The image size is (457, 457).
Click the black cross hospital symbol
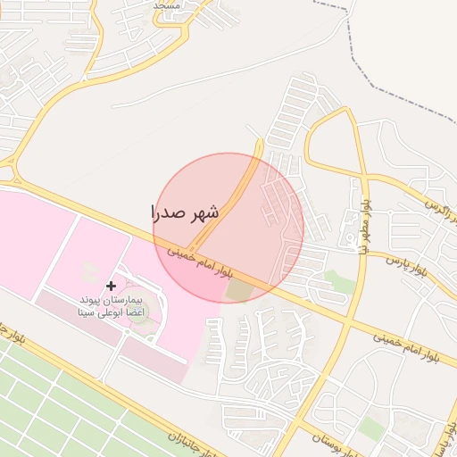coord(111,286)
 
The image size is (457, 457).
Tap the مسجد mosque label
coord(167,4)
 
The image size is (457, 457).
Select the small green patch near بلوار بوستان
coord(370,428)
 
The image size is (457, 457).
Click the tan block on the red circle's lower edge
coord(239,291)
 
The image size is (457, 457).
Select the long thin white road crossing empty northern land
coord(268,62)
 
